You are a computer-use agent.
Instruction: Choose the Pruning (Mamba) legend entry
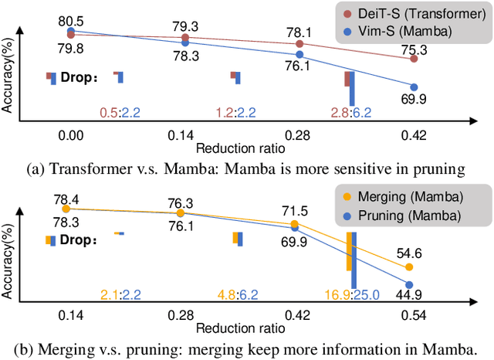point(406,215)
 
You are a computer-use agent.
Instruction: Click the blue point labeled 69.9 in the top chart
point(414,87)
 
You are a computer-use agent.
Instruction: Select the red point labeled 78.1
point(299,44)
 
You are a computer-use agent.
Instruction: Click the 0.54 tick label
point(410,314)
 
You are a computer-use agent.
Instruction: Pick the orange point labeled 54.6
point(410,267)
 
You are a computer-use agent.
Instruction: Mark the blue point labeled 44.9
point(410,284)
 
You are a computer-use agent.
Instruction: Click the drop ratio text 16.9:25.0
point(350,294)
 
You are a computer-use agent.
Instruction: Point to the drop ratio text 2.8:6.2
point(350,113)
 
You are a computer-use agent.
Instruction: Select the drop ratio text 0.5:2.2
point(119,113)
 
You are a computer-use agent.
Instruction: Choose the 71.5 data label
point(295,209)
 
